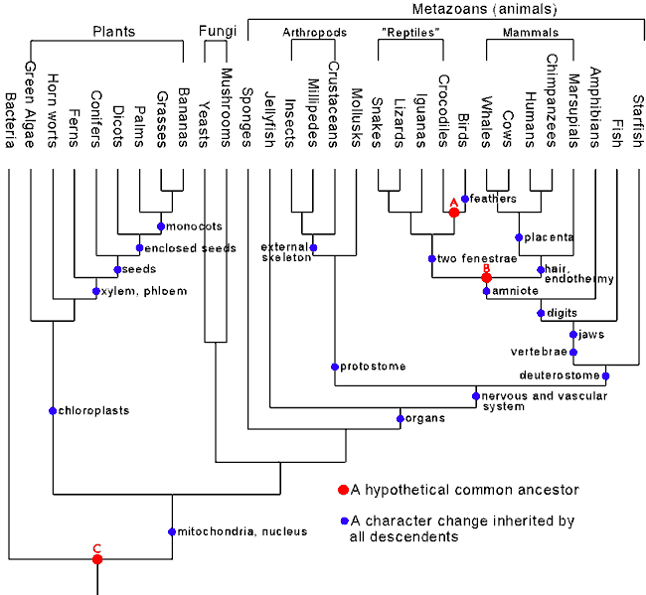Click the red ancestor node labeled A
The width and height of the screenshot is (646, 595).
(x=453, y=212)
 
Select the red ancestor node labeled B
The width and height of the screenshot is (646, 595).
(x=486, y=277)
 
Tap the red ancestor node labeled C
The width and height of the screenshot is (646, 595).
(x=97, y=559)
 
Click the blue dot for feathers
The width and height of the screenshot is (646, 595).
(x=464, y=199)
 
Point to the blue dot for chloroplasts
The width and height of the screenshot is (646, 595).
(x=53, y=410)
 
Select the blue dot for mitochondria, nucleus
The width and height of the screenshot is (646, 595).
(x=171, y=530)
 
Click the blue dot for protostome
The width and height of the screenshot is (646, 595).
(x=334, y=367)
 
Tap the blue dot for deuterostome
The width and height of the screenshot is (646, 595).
(x=605, y=375)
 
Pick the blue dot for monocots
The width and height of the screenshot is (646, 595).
(x=161, y=226)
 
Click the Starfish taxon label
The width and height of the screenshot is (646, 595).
(x=639, y=118)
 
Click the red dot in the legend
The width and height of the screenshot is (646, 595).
(x=342, y=490)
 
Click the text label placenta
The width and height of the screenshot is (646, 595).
(x=550, y=237)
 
